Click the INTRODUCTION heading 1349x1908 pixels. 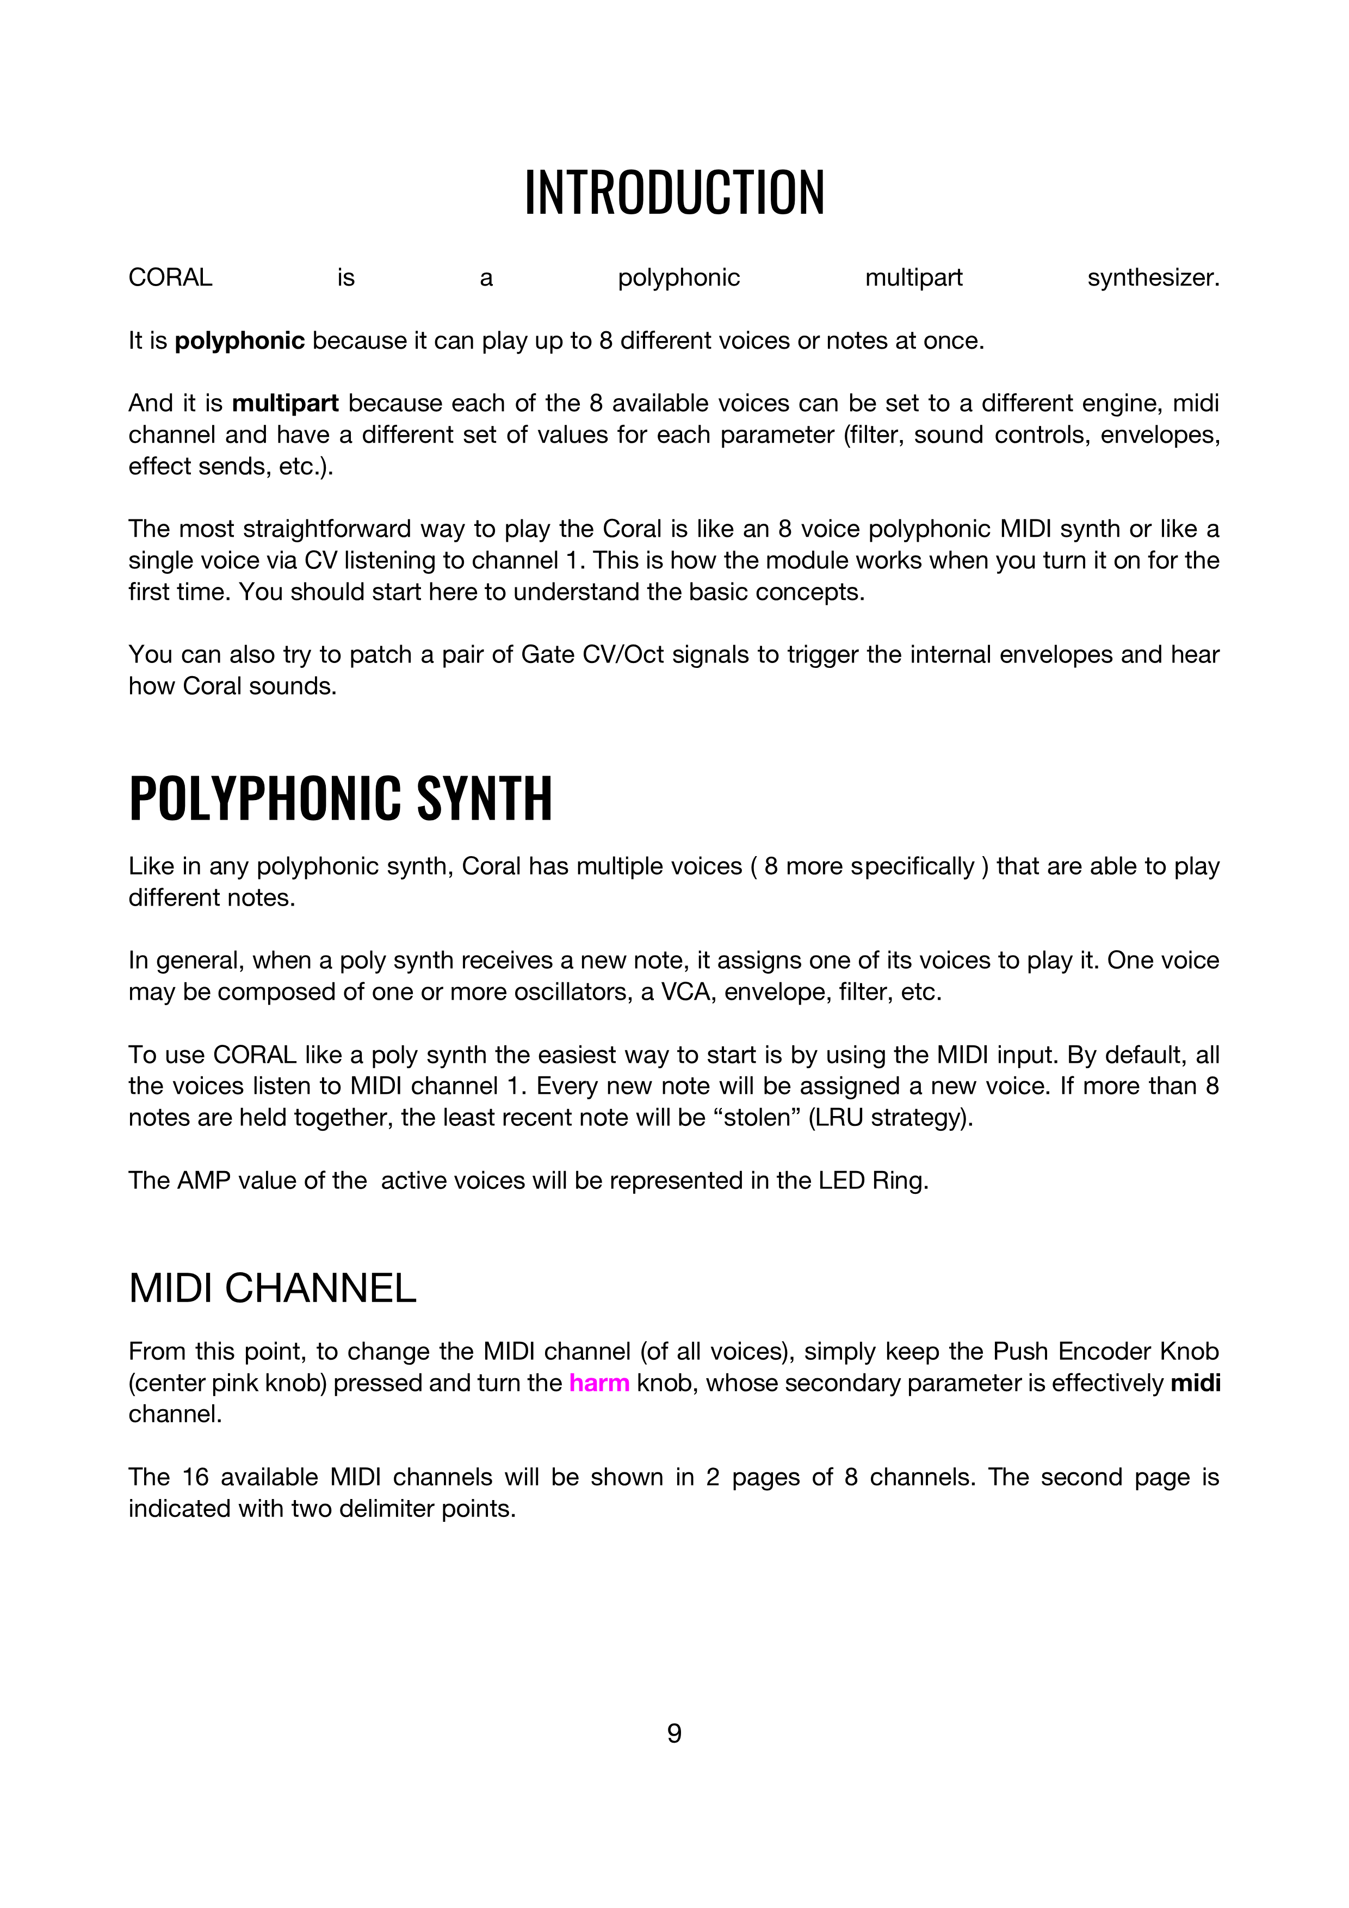click(674, 192)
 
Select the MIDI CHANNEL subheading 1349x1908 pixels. click(272, 1289)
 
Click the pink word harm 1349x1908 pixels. click(599, 1383)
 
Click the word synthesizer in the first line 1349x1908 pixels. click(1153, 277)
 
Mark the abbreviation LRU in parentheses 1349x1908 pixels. click(839, 1118)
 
